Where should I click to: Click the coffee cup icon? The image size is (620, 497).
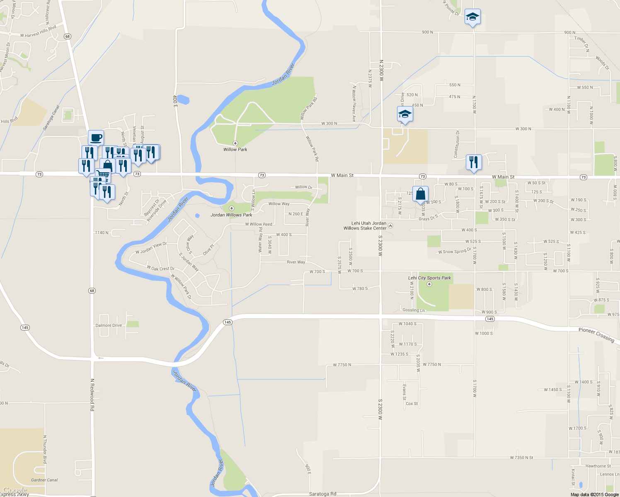[x=96, y=137]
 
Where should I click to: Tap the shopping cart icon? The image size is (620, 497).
[x=103, y=175]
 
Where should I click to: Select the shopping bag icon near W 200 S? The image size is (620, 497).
[x=420, y=194]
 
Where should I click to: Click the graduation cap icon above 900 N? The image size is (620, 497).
[x=472, y=17]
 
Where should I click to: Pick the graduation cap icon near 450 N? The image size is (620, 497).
[x=405, y=114]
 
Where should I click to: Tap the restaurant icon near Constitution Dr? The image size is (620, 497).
[x=474, y=162]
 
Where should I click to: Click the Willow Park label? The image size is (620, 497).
[x=235, y=150]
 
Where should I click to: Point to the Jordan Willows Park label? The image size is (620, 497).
[x=231, y=215]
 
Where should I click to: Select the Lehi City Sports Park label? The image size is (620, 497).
[x=429, y=278]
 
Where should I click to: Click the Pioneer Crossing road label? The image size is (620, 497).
[x=596, y=335]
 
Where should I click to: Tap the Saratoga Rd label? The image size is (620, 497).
[x=322, y=494]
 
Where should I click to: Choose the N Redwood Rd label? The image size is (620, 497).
[x=92, y=394]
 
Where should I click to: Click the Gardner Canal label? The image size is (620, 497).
[x=44, y=480]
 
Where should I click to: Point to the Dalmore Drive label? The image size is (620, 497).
[x=109, y=325]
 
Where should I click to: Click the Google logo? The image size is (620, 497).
[x=15, y=490]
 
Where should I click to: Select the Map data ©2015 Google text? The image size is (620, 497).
[x=594, y=495]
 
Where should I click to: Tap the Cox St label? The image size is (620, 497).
[x=412, y=403]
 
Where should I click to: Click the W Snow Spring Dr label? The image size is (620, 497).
[x=455, y=251]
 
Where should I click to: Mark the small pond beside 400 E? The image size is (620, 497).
[x=183, y=100]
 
